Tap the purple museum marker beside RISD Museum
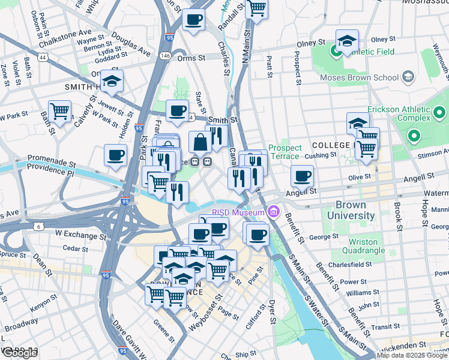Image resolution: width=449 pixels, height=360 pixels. pyautogui.click(x=274, y=212)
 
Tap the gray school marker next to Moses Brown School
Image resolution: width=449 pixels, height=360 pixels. pyautogui.click(x=409, y=77)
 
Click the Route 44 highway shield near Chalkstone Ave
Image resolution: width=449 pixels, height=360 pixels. pyautogui.click(x=43, y=57)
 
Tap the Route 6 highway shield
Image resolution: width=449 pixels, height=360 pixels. pyautogui.click(x=38, y=226)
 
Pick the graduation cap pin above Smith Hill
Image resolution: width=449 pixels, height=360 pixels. pyautogui.click(x=112, y=81)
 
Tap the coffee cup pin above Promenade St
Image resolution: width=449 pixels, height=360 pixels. pyautogui.click(x=115, y=155)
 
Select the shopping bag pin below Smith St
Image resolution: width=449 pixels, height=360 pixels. pyautogui.click(x=200, y=143)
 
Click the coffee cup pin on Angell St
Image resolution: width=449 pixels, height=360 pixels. pyautogui.click(x=302, y=176)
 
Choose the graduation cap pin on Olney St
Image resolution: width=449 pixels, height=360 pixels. pyautogui.click(x=347, y=41)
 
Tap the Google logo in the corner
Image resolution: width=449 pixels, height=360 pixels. pyautogui.click(x=19, y=353)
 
